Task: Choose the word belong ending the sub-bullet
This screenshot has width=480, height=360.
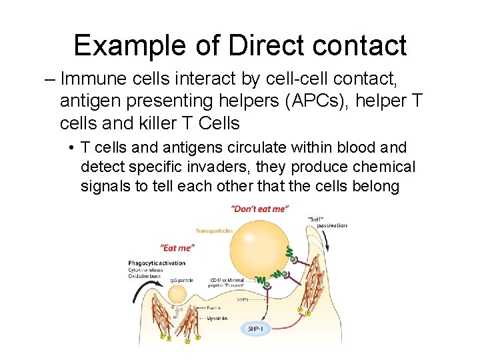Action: click(x=371, y=186)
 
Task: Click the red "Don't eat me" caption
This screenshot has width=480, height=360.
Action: click(x=259, y=209)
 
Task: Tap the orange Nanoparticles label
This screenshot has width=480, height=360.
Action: click(x=215, y=231)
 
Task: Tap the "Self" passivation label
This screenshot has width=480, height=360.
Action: click(x=327, y=221)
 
